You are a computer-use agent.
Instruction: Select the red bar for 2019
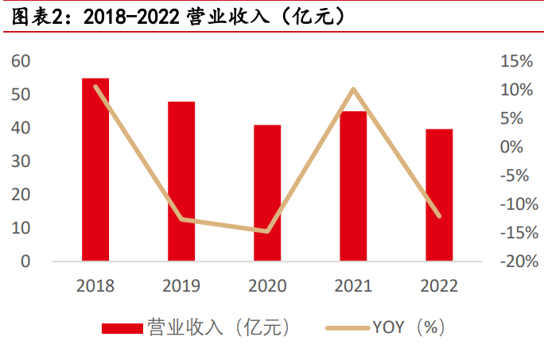pyautogui.click(x=181, y=181)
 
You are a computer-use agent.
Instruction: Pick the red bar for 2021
pyautogui.click(x=353, y=186)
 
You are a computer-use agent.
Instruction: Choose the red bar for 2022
pyautogui.click(x=439, y=195)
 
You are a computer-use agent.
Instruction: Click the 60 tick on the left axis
pyautogui.click(x=21, y=61)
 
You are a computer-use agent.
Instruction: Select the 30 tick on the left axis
pyautogui.click(x=21, y=161)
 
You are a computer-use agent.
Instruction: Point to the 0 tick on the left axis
pyautogui.click(x=25, y=261)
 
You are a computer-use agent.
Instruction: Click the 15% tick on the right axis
pyautogui.click(x=515, y=61)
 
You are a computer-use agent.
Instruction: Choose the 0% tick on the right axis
pyautogui.click(x=519, y=147)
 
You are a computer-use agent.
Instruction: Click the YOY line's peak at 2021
pyautogui.click(x=353, y=89)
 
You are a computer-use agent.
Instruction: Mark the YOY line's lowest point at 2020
pyautogui.click(x=267, y=231)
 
